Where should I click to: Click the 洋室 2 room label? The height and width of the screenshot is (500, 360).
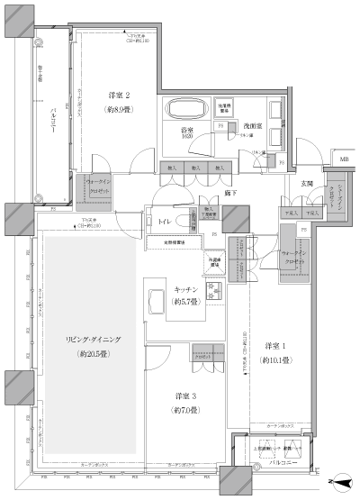120,95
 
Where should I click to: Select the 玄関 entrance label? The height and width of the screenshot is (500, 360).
307,183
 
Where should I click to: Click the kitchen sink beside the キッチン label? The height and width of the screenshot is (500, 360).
215,290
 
